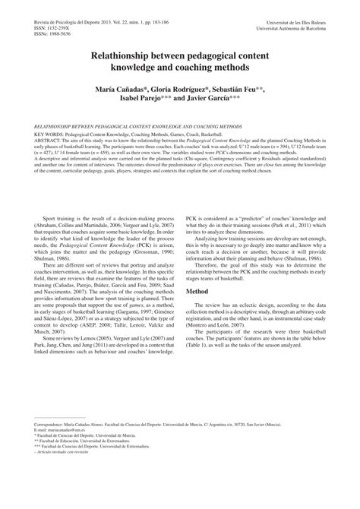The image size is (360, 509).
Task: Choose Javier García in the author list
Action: tap(219, 99)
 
